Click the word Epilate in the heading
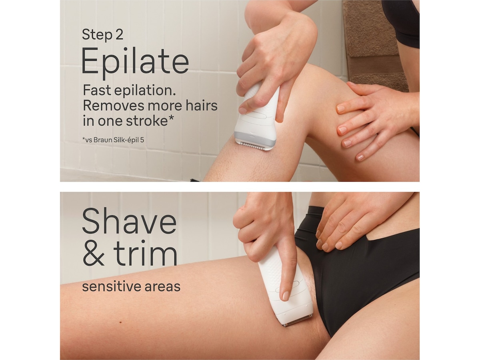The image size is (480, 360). (x=135, y=61)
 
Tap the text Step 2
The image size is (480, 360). (x=102, y=35)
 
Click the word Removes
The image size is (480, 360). (x=113, y=106)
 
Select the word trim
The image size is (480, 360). (x=145, y=253)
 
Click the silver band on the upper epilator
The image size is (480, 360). (x=254, y=138)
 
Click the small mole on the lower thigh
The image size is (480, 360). (x=120, y=323)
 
